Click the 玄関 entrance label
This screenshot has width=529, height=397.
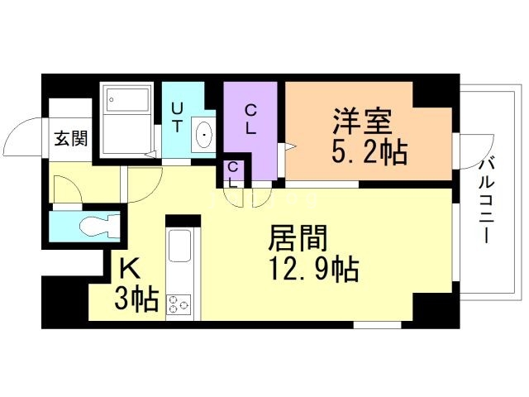(x=71, y=139)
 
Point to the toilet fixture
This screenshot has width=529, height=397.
(x=99, y=226)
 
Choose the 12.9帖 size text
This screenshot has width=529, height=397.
(x=313, y=268)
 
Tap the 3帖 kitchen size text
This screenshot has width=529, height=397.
(x=136, y=299)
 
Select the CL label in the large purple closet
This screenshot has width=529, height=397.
(x=250, y=117)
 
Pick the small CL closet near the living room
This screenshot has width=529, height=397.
(x=234, y=173)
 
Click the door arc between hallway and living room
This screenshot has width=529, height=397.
(x=137, y=184)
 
